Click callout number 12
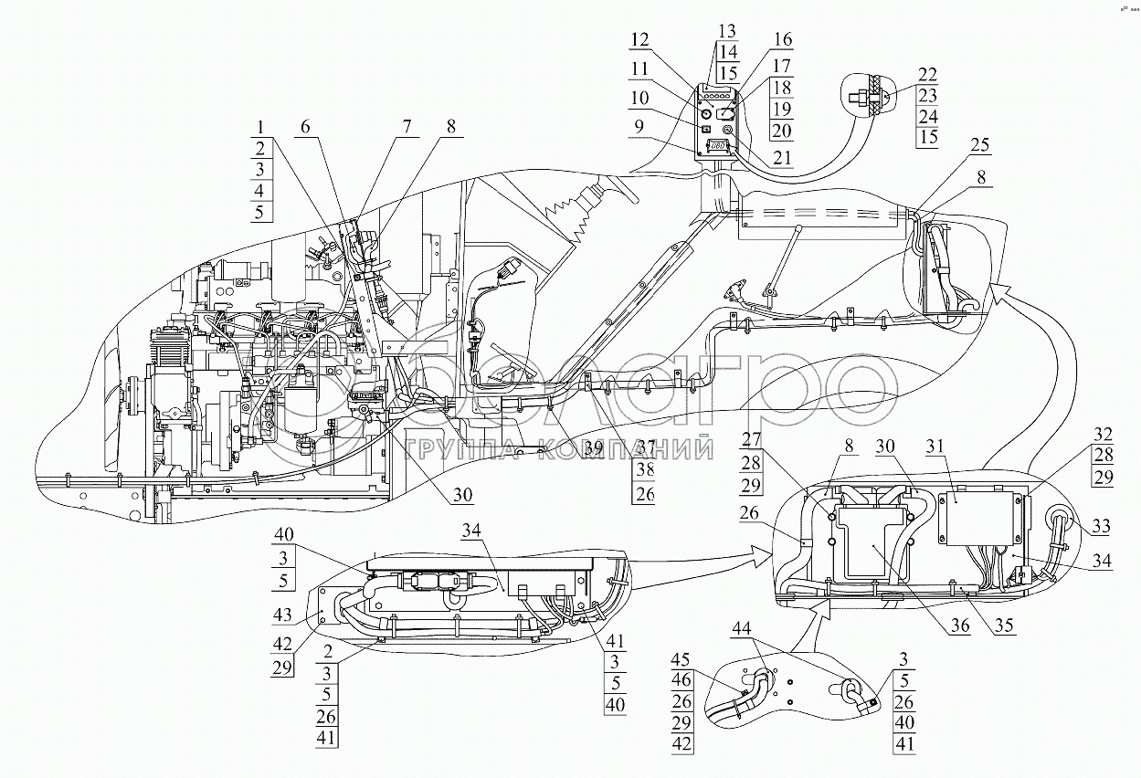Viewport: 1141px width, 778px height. point(640,40)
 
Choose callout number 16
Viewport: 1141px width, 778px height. point(783,40)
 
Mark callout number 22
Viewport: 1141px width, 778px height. point(928,75)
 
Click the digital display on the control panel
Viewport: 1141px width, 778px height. point(718,145)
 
